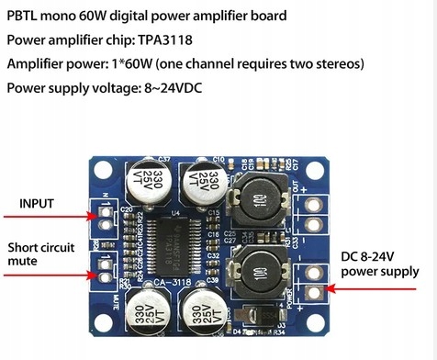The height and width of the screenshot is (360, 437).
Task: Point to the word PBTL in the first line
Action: [25, 17]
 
